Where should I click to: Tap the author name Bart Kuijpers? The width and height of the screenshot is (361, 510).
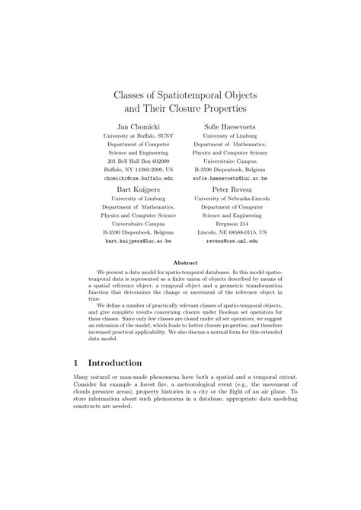click(x=139, y=187)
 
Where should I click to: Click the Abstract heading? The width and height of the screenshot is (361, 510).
click(x=185, y=261)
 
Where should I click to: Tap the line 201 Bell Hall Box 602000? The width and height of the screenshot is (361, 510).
click(x=139, y=161)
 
